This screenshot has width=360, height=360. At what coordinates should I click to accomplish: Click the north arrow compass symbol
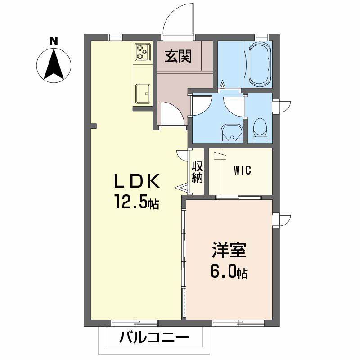pyautogui.click(x=53, y=65)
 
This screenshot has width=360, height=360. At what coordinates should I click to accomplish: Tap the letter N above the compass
pyautogui.click(x=54, y=41)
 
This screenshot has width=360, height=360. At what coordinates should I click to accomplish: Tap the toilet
pyautogui.click(x=260, y=128)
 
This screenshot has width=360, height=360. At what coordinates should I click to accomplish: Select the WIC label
pyautogui.click(x=242, y=171)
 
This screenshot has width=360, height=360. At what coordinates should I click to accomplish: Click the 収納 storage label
pyautogui.click(x=198, y=171)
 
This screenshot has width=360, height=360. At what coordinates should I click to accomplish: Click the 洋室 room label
pyautogui.click(x=229, y=251)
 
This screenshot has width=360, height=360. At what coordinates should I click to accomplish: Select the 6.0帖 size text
pyautogui.click(x=229, y=272)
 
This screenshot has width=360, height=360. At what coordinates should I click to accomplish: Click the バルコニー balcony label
pyautogui.click(x=154, y=337)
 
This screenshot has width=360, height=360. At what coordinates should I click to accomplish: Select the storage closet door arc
pyautogui.click(x=183, y=155)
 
